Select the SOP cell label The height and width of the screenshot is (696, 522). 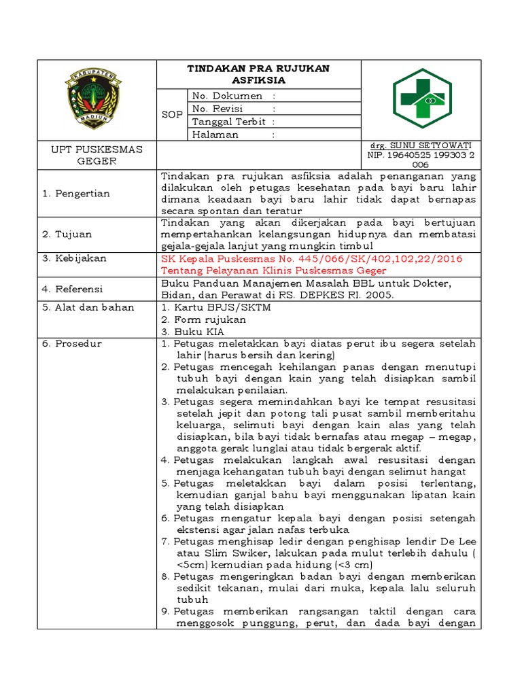172,115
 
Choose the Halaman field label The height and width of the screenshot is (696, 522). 215,135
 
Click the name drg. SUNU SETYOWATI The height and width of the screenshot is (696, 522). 419,145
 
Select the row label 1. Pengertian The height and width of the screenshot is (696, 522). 76,194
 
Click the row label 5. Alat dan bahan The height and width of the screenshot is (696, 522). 88,307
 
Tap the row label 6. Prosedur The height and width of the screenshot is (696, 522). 72,343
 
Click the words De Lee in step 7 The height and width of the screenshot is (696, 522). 460,541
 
